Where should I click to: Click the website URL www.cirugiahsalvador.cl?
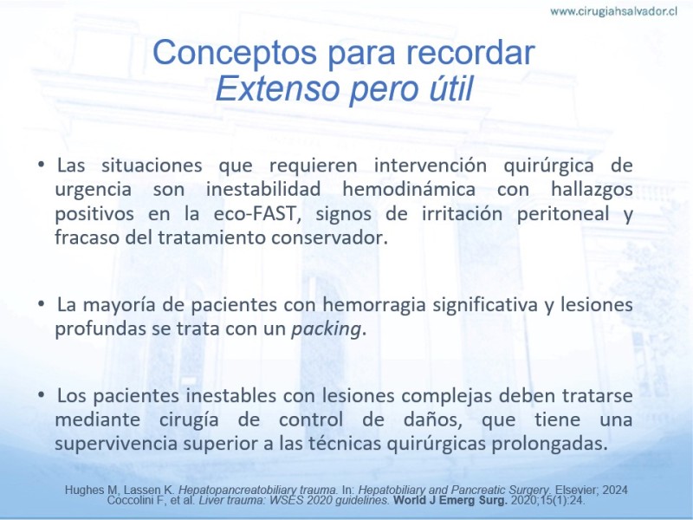tap(613, 12)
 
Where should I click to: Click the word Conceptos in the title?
tap(235, 53)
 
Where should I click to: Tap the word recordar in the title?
tap(470, 53)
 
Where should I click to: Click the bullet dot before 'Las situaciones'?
tap(42, 165)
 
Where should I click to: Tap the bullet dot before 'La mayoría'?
tap(42, 304)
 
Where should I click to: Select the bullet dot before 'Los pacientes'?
tap(42, 394)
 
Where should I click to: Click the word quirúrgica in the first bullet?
tap(549, 166)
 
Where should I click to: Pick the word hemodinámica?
tap(409, 189)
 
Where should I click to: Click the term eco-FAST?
tap(255, 213)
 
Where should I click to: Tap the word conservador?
tap(329, 237)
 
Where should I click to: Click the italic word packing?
tap(327, 330)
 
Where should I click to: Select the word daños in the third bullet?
tap(432, 419)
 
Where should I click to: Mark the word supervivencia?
tap(116, 444)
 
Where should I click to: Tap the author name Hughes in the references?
tap(81, 491)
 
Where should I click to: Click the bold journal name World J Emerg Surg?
tap(450, 501)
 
